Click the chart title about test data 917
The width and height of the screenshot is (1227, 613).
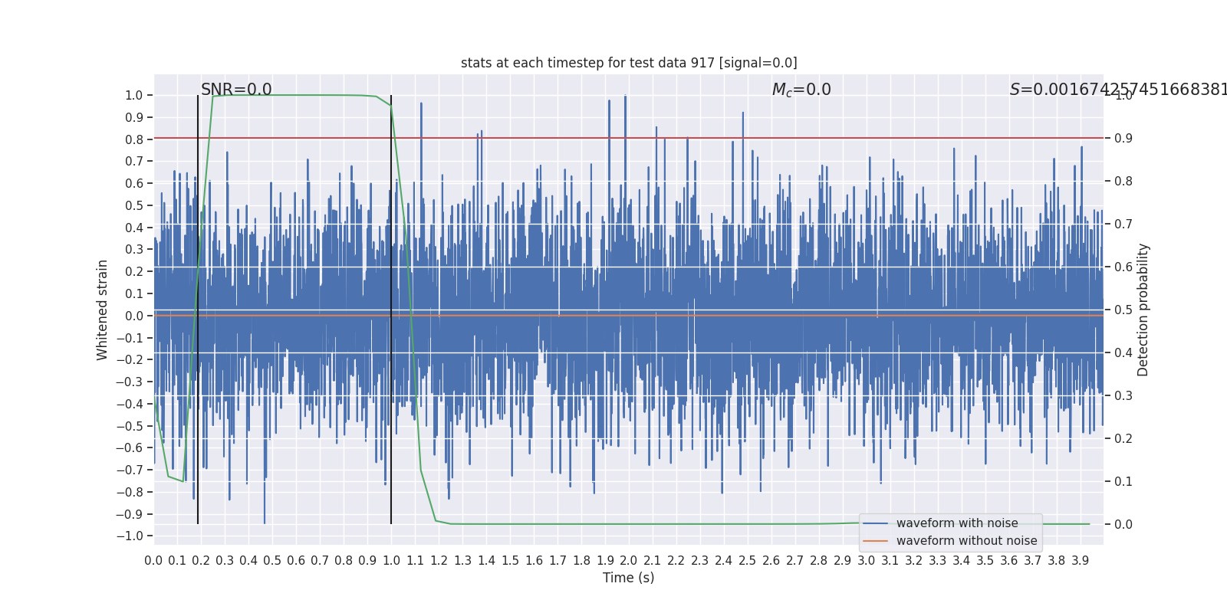pyautogui.click(x=629, y=63)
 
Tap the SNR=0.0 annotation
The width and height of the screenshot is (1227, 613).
pyautogui.click(x=236, y=90)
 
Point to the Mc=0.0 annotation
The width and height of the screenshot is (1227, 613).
pyautogui.click(x=801, y=90)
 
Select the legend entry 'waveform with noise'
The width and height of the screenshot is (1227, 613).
pyautogui.click(x=956, y=523)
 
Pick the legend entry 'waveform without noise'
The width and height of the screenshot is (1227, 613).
pyautogui.click(x=966, y=541)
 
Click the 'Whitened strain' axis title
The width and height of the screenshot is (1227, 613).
pyautogui.click(x=103, y=310)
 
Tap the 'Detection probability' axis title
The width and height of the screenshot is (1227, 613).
pyautogui.click(x=1143, y=310)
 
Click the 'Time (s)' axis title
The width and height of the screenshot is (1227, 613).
pyautogui.click(x=629, y=578)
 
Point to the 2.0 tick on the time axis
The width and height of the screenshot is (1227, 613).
pyautogui.click(x=629, y=561)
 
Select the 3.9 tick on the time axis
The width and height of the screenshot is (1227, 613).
pyautogui.click(x=1081, y=561)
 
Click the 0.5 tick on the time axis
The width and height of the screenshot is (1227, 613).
pyautogui.click(x=272, y=561)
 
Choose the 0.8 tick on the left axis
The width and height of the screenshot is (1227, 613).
pyautogui.click(x=134, y=139)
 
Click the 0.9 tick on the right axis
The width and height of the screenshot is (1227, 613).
pyautogui.click(x=1123, y=139)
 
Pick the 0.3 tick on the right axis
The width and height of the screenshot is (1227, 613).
pyautogui.click(x=1123, y=396)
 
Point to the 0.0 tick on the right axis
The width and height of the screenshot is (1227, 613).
pyautogui.click(x=1123, y=525)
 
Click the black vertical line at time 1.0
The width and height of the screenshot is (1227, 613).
pyautogui.click(x=391, y=306)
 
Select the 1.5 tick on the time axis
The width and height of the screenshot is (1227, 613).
pyautogui.click(x=510, y=561)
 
